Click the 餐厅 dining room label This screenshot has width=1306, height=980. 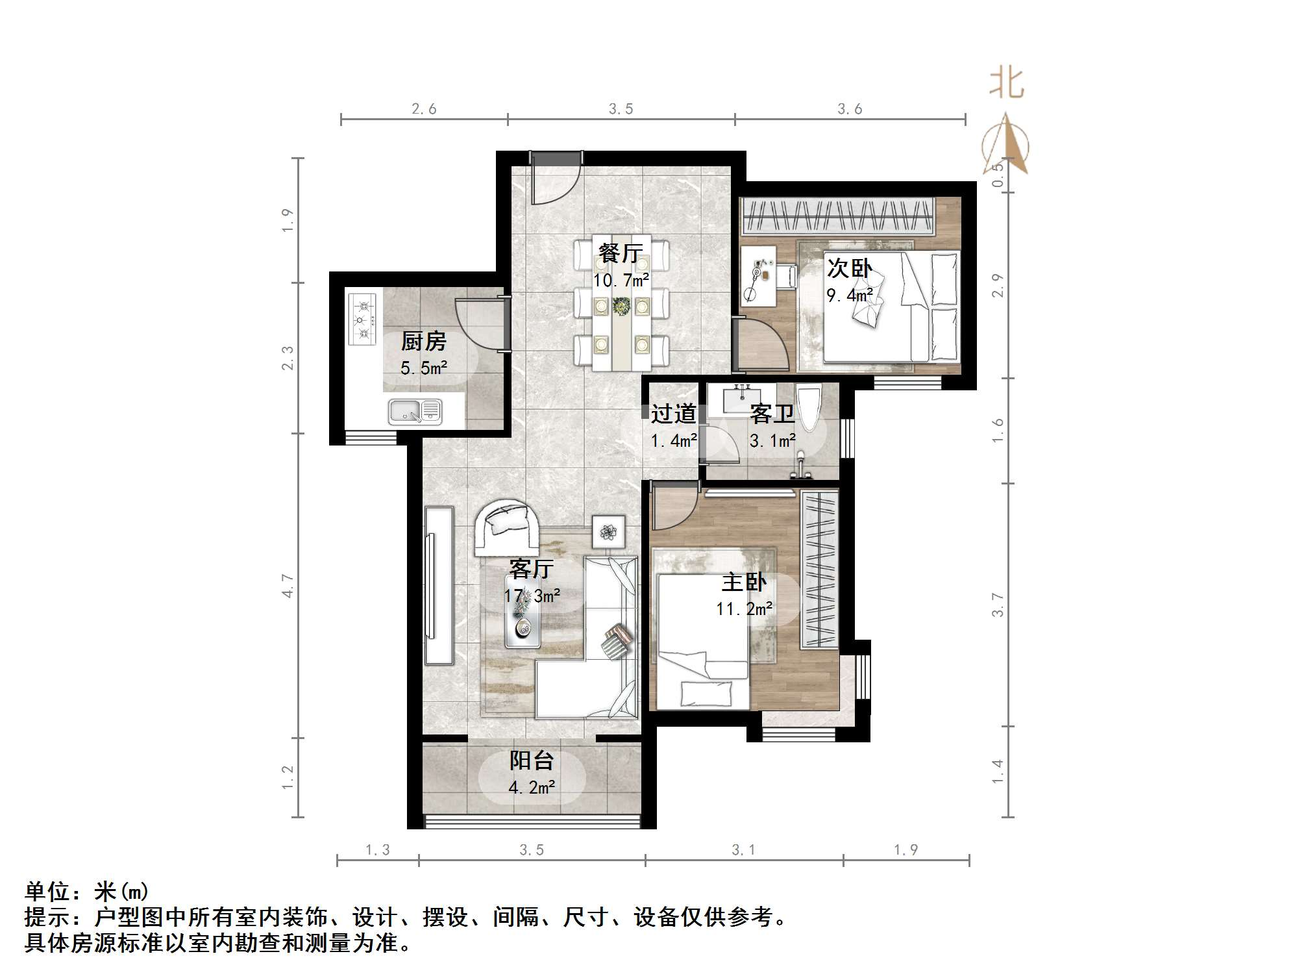coord(621,253)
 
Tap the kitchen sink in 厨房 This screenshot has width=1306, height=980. coord(415,412)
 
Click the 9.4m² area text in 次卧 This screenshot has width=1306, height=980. coord(849,295)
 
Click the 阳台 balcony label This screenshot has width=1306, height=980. coord(531,760)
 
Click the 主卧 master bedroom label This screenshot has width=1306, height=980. coord(744,582)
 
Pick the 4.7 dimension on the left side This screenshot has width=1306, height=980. coord(288,586)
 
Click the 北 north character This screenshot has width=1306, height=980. coord(1006,84)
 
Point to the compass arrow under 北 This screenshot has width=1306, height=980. coord(1006,145)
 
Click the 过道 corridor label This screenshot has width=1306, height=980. coord(673,414)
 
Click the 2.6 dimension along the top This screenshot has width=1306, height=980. coord(424,109)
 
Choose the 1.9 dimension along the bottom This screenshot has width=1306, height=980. coord(906,849)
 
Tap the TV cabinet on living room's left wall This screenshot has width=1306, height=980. coord(439,585)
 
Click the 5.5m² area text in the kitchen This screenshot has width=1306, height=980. coord(423,368)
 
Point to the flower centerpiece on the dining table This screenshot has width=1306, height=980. coord(621,306)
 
